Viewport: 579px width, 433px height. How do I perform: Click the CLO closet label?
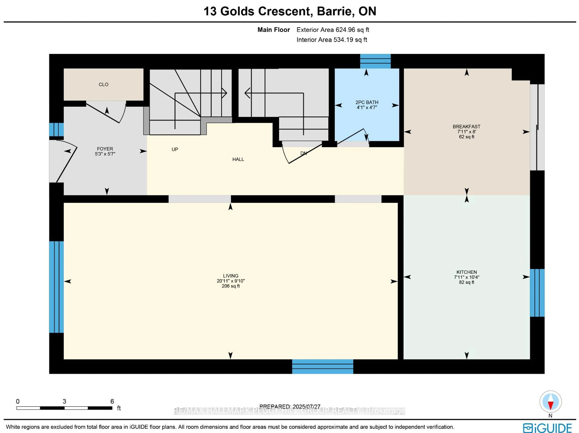[103, 84]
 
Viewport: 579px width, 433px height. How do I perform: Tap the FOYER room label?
[105, 149]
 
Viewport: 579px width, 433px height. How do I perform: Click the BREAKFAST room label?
[467, 127]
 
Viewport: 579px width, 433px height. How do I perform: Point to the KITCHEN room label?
[467, 272]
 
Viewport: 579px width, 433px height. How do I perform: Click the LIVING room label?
[231, 276]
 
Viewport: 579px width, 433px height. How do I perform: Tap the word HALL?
[238, 159]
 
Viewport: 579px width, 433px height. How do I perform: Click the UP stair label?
[175, 149]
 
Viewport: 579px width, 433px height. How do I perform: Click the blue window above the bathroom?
[375, 61]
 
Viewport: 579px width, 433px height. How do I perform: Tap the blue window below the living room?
[323, 367]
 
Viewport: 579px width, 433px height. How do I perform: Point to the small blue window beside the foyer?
[56, 129]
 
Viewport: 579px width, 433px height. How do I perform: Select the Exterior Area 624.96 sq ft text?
[333, 30]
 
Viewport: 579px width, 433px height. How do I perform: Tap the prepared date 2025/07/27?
[307, 407]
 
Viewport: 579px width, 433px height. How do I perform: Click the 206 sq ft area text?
[231, 286]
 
